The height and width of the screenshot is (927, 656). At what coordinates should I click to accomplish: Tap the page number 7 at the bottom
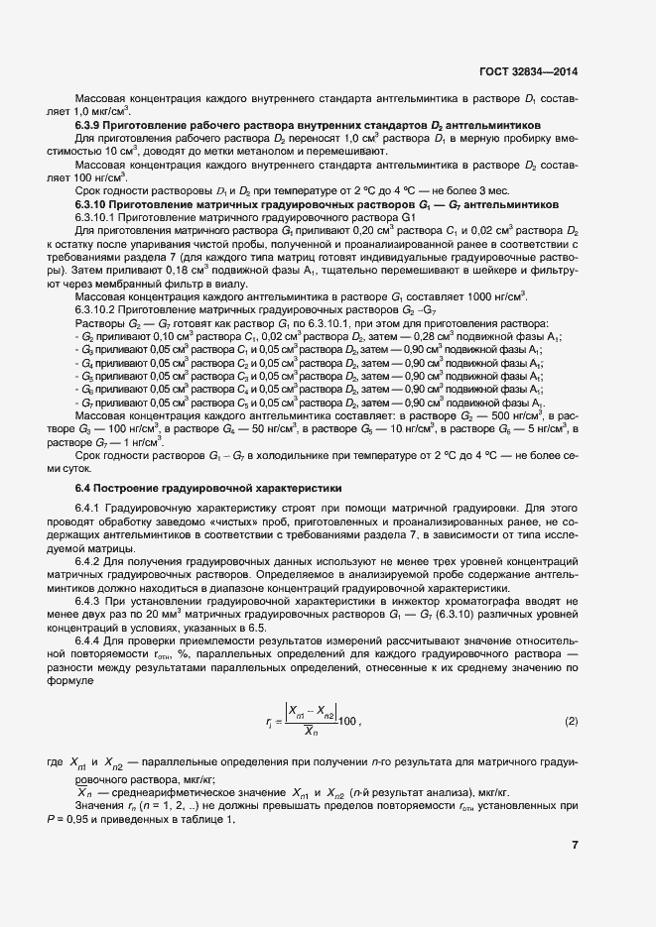pyautogui.click(x=576, y=845)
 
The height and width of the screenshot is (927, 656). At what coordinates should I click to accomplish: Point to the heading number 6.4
pyautogui.click(x=83, y=488)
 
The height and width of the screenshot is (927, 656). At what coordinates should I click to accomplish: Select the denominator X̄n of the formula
pyautogui.click(x=311, y=733)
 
